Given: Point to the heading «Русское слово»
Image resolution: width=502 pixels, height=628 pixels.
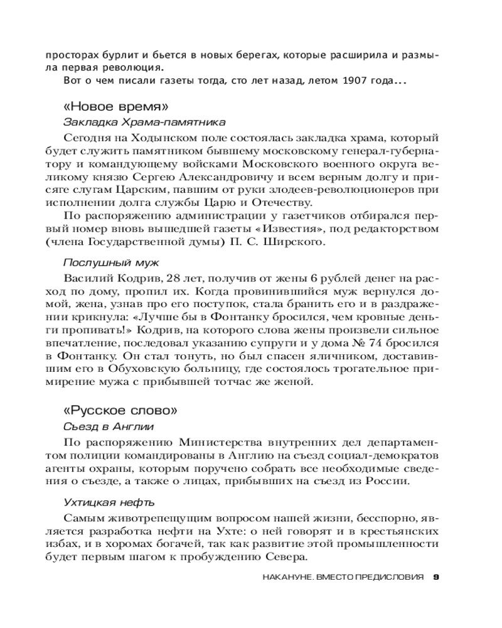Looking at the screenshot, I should tap(120, 411).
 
